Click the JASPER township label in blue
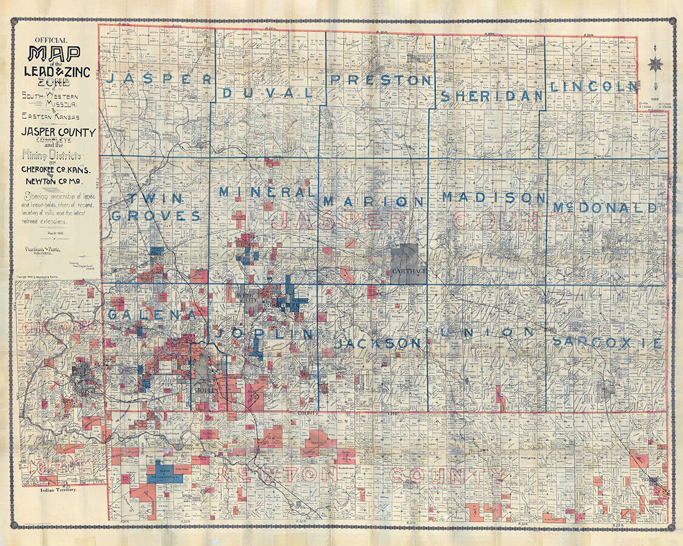[159, 79]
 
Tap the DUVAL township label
[268, 93]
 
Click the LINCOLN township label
[593, 87]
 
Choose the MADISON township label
[495, 197]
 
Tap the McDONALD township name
[605, 208]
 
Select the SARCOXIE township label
[608, 342]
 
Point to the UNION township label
[488, 332]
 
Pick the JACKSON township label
[377, 343]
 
